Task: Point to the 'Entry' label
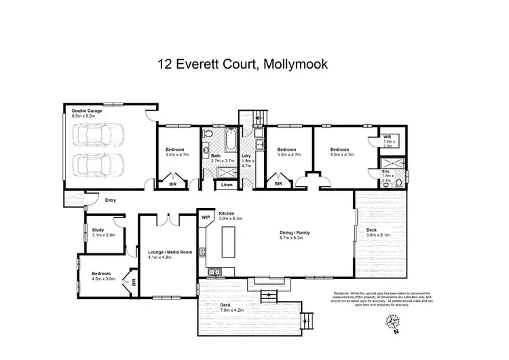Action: [x=111, y=200]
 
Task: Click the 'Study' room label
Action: [x=98, y=230]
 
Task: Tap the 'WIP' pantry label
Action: [x=206, y=217]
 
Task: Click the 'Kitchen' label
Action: [x=226, y=213]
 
